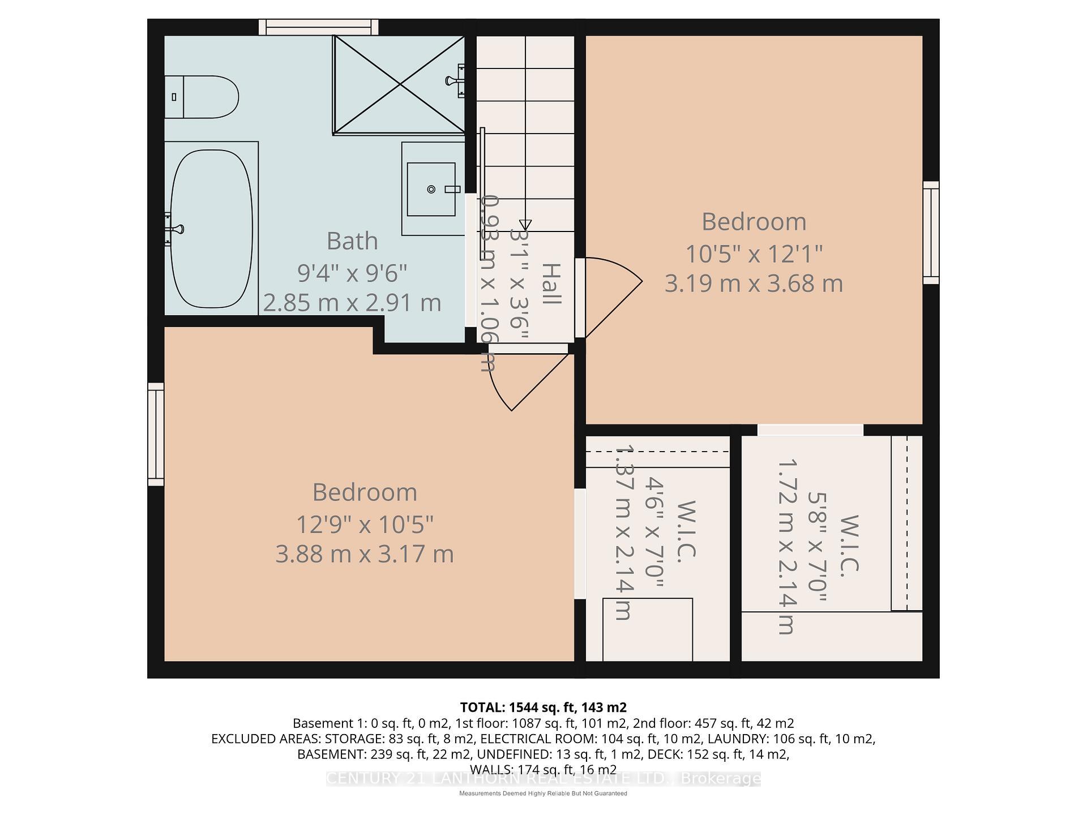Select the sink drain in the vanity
coord(431,189)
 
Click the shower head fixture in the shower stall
coord(456,80)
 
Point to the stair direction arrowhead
coord(525,224)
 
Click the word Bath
coord(352,241)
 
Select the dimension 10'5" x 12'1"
coord(753,254)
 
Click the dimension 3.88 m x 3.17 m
coord(364,554)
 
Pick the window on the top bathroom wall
coord(319,27)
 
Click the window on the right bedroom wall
coord(930,233)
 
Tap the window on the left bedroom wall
coord(156,434)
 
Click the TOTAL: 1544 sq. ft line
coord(543,707)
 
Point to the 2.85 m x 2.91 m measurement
coord(352,303)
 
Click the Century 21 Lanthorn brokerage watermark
coord(543,779)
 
